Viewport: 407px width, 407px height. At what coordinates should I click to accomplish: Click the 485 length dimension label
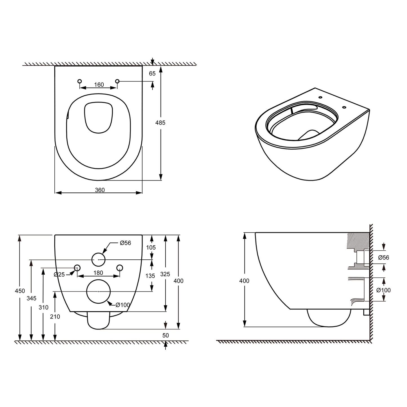(160, 123)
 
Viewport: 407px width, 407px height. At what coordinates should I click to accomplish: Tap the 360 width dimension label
(100, 190)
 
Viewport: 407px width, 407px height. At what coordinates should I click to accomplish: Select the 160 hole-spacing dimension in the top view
(99, 85)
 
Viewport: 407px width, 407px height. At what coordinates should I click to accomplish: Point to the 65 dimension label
(152, 74)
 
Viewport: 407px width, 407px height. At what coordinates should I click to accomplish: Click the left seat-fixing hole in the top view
(79, 81)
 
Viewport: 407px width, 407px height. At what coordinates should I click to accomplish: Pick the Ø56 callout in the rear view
(125, 243)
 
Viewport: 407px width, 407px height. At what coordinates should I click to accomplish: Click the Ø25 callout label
(59, 274)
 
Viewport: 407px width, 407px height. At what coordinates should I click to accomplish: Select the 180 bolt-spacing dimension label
(98, 273)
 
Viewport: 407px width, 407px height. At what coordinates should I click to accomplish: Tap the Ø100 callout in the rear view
(123, 305)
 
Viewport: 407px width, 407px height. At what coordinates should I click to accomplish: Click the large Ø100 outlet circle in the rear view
(98, 292)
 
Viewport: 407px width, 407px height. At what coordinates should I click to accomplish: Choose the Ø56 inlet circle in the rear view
(98, 259)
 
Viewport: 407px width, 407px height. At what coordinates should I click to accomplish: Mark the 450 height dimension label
(20, 291)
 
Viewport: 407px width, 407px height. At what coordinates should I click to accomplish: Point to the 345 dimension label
(32, 298)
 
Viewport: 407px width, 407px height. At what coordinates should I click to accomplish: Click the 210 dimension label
(55, 317)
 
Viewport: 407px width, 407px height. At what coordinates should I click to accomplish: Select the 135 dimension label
(150, 276)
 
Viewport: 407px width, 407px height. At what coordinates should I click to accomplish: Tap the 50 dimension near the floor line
(166, 335)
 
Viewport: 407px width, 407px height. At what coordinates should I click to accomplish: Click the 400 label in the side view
(244, 281)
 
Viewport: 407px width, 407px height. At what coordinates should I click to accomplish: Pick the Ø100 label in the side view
(384, 290)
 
